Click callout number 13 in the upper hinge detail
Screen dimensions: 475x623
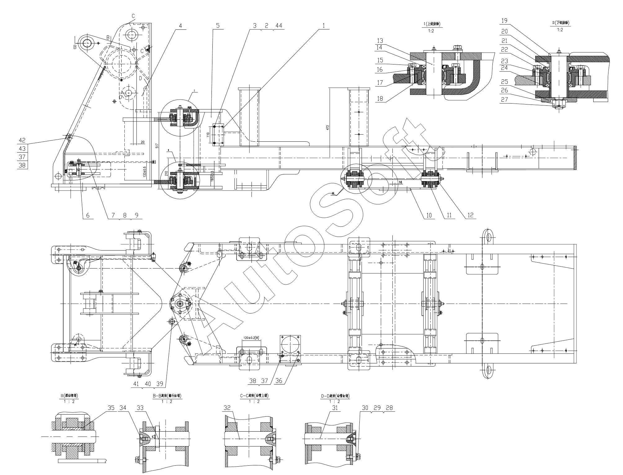click(380, 41)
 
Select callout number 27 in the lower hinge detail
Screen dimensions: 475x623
click(505, 99)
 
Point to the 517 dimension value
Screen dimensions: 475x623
click(157, 145)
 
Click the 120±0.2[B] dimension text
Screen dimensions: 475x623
click(251, 338)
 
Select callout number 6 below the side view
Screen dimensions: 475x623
click(88, 215)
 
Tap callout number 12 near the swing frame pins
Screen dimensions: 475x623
click(470, 215)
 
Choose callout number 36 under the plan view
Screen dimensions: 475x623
click(279, 381)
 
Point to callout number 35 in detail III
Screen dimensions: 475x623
click(111, 408)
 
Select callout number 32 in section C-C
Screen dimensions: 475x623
click(227, 408)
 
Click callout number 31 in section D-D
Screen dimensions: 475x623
click(335, 408)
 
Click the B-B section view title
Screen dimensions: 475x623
click(167, 396)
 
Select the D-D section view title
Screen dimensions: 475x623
click(335, 396)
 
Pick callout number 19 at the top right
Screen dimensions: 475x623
click(504, 21)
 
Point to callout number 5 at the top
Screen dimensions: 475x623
click(218, 25)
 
